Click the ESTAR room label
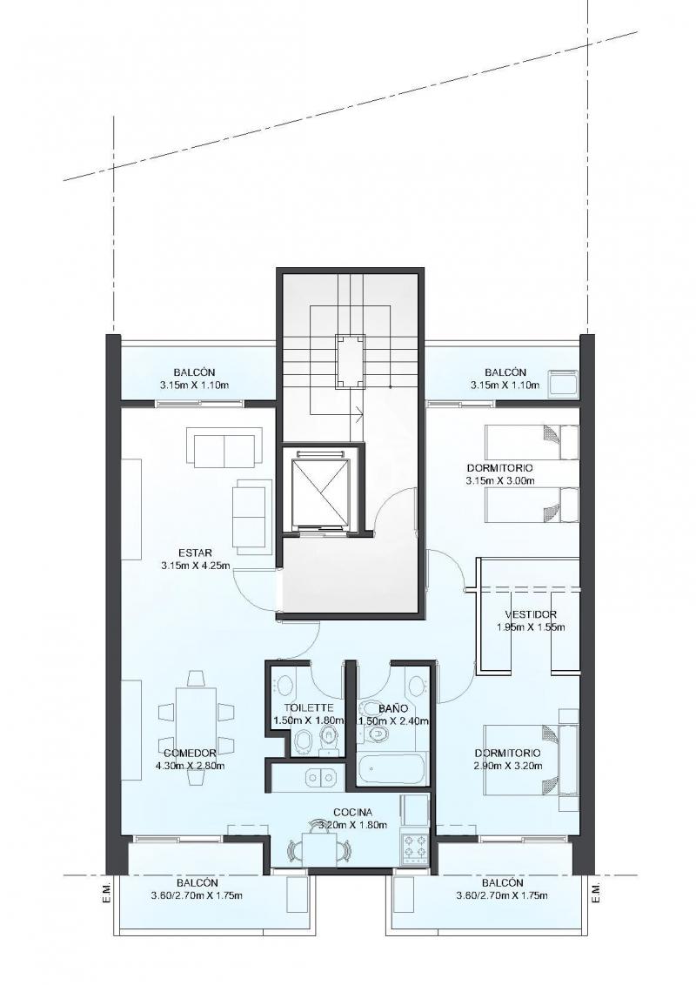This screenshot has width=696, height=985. coord(196,553)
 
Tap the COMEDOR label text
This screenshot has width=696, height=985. coord(190,754)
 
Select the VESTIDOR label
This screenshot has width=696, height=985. coord(531,614)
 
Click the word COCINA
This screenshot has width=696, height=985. coord(352,812)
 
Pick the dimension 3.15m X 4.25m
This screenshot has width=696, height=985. coord(196,566)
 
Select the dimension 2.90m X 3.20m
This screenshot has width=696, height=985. coord(508,766)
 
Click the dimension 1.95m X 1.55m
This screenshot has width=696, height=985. coord(531,627)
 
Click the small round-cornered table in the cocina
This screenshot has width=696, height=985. coord(319,849)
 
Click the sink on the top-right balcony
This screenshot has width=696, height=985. coord(563,383)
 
